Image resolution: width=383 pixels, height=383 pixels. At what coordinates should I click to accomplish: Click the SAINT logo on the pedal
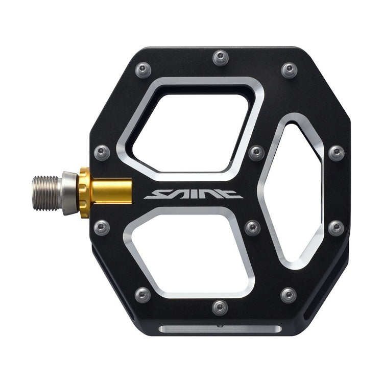[193, 194]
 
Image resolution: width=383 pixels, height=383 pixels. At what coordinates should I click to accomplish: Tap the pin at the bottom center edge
[220, 306]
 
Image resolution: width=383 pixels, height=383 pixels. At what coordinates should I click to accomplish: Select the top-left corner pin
[143, 69]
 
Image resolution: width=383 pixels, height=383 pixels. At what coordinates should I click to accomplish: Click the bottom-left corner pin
[143, 294]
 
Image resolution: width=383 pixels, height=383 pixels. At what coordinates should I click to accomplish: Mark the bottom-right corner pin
[288, 295]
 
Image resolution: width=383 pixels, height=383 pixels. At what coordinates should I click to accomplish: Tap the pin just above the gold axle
[102, 152]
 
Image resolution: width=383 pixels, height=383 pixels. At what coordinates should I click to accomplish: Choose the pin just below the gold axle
[102, 227]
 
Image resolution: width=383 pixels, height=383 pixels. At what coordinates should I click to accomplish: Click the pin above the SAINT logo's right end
[256, 152]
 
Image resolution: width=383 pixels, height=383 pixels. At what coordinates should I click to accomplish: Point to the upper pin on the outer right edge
[336, 152]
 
